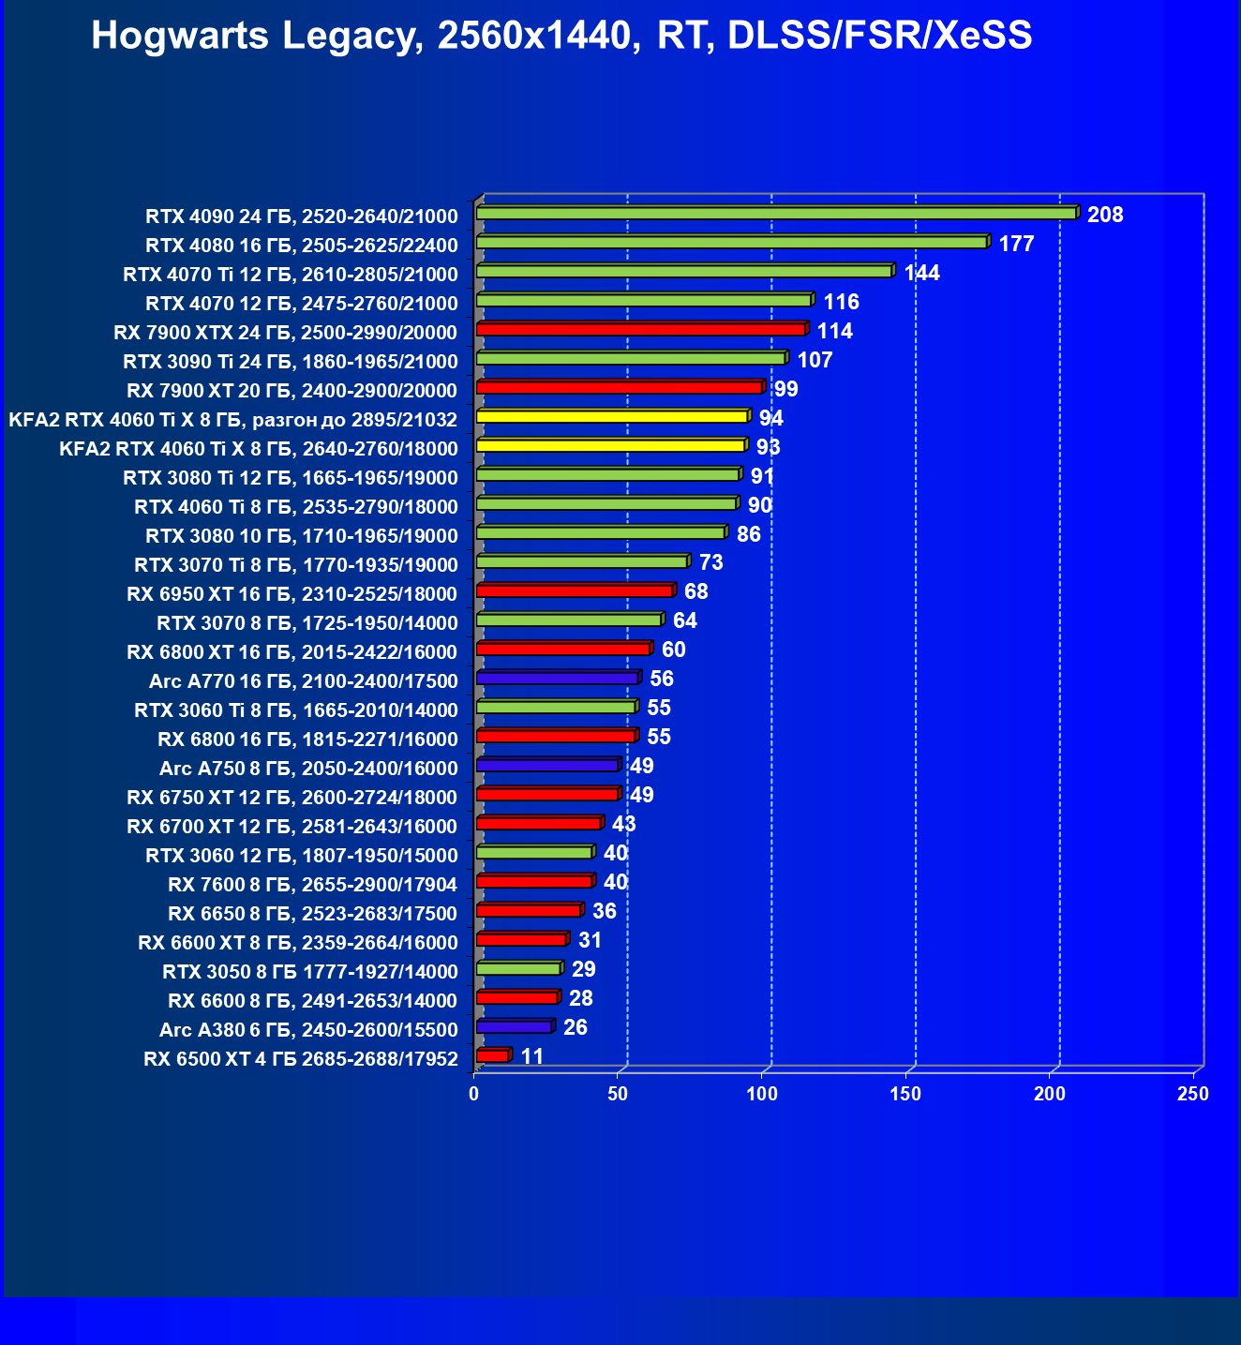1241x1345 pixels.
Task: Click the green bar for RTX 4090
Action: click(x=776, y=214)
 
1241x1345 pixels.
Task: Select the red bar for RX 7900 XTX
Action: click(x=641, y=330)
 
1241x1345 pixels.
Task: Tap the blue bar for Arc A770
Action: click(x=557, y=678)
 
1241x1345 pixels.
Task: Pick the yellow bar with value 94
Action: click(x=612, y=417)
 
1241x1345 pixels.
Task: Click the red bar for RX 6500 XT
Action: click(x=492, y=1056)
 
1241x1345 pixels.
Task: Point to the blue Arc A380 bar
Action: click(x=514, y=1027)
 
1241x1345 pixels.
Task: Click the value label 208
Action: click(x=1105, y=215)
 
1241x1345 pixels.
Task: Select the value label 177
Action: click(x=1016, y=244)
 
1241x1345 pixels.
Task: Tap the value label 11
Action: click(x=531, y=1056)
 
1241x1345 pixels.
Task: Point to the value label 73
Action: click(x=711, y=562)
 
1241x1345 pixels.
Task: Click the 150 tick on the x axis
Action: click(x=905, y=1094)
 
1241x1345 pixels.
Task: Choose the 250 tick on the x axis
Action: click(x=1193, y=1094)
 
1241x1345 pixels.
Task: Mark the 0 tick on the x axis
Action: click(x=474, y=1094)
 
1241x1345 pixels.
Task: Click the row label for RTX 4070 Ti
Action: click(x=291, y=275)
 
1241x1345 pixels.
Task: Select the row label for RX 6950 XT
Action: click(x=292, y=594)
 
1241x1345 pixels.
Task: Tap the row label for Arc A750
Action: click(x=308, y=769)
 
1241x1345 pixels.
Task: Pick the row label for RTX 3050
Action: click(x=310, y=972)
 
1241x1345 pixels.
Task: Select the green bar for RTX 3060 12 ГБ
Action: click(x=534, y=853)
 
